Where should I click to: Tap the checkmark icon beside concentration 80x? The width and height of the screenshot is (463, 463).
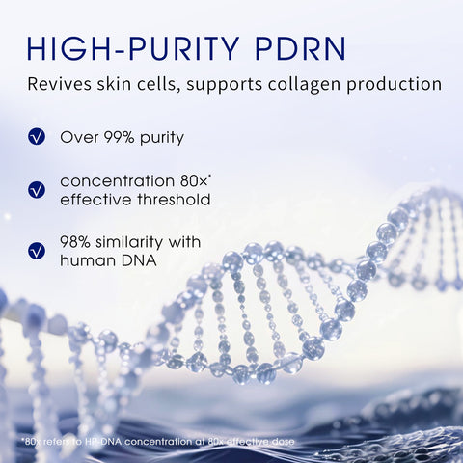[x=37, y=190]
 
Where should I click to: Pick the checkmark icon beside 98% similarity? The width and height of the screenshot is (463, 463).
[x=37, y=251]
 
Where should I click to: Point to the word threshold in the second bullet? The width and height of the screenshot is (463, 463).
[x=174, y=200]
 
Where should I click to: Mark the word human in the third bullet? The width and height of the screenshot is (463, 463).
[x=86, y=259]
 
